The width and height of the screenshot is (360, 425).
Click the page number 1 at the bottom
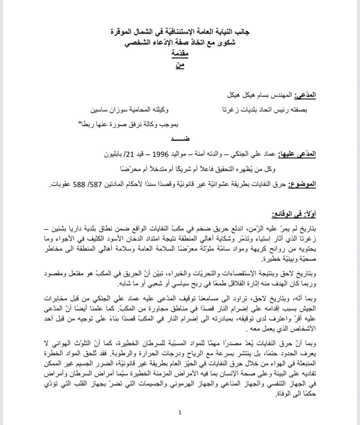[x=180, y=412]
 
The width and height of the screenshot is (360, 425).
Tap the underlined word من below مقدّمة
[x=180, y=65]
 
